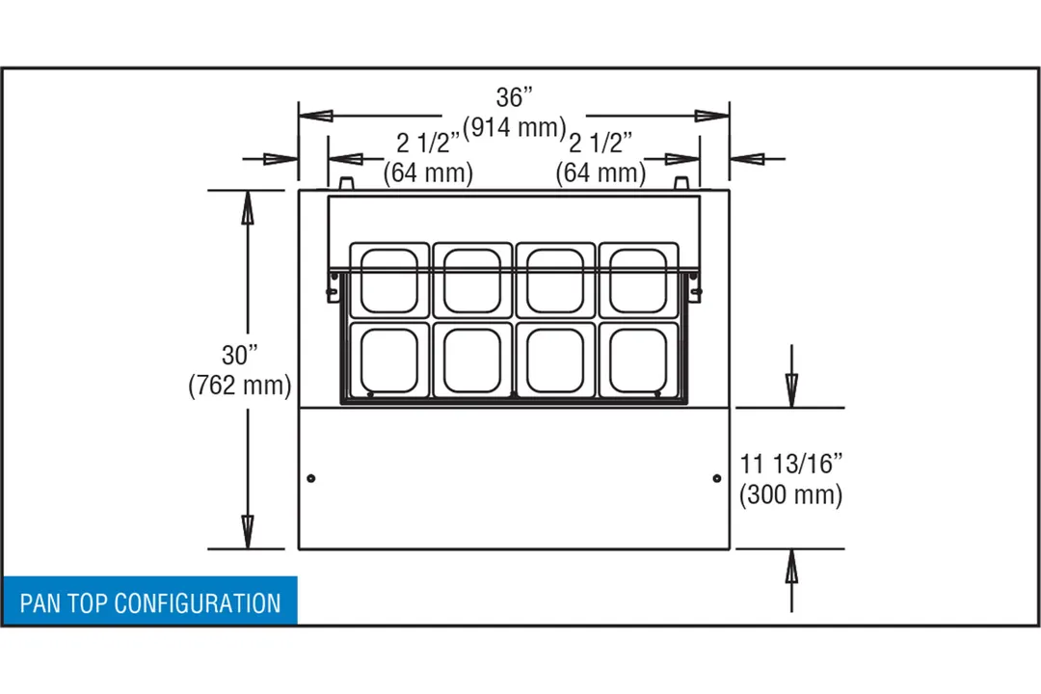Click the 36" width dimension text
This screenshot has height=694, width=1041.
pyautogui.click(x=515, y=97)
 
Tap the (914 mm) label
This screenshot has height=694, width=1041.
pyautogui.click(x=515, y=127)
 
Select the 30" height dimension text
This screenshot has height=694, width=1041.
pyautogui.click(x=240, y=355)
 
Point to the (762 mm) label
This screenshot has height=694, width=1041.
pyautogui.click(x=240, y=385)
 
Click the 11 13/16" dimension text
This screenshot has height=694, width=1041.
pyautogui.click(x=790, y=464)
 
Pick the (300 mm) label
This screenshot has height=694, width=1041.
pyautogui.click(x=790, y=494)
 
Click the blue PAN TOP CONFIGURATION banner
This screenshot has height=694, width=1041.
pyautogui.click(x=150, y=601)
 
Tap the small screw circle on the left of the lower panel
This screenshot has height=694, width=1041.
pyautogui.click(x=310, y=478)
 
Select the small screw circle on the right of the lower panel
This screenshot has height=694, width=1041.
pyautogui.click(x=717, y=478)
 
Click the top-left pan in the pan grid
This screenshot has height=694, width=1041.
pyautogui.click(x=389, y=280)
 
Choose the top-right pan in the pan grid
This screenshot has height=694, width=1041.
pyautogui.click(x=639, y=280)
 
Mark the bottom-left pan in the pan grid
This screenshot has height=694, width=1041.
pyautogui.click(x=389, y=360)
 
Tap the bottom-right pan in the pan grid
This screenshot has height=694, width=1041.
pyautogui.click(x=639, y=360)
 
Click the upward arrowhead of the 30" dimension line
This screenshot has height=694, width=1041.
pyautogui.click(x=248, y=206)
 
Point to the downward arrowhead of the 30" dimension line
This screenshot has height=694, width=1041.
pyautogui.click(x=248, y=533)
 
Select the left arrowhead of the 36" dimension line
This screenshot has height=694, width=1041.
pyautogui.click(x=316, y=116)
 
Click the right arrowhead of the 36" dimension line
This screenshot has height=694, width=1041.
pyautogui.click(x=711, y=116)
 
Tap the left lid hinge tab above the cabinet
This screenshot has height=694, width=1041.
pyautogui.click(x=347, y=183)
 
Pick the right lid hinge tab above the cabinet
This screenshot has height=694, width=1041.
pyautogui.click(x=681, y=183)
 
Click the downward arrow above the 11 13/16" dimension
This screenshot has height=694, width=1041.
pyautogui.click(x=791, y=376)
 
